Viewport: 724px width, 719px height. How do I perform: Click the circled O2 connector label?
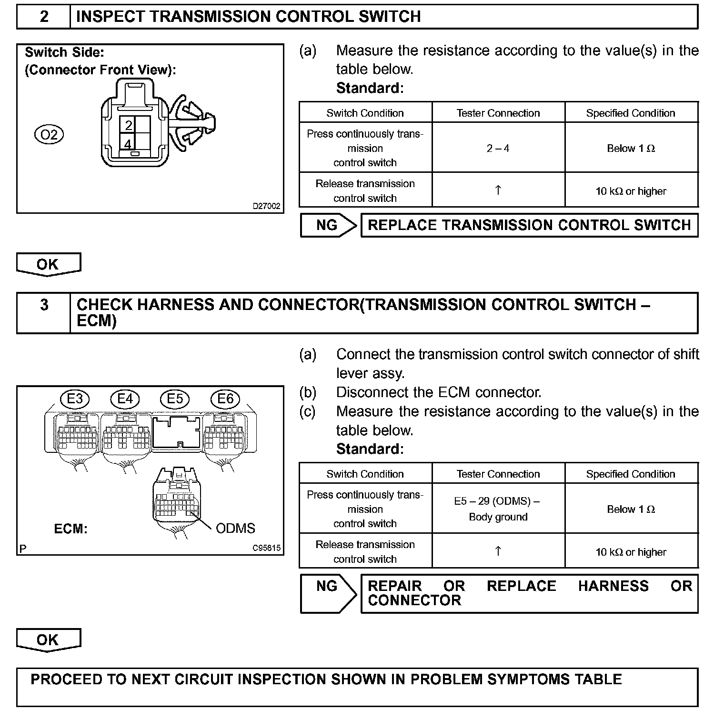(x=49, y=135)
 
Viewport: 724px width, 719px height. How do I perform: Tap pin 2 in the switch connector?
(x=128, y=125)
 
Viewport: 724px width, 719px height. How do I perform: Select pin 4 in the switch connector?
(x=128, y=143)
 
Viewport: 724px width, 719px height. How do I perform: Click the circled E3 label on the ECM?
(x=75, y=399)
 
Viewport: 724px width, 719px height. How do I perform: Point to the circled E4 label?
(x=125, y=399)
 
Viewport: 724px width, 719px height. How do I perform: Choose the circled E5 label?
(x=175, y=399)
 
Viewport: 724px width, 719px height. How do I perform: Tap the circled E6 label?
(x=225, y=399)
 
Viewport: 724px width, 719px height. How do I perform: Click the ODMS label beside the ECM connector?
(x=235, y=528)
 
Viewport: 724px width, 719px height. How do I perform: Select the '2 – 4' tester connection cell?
(x=498, y=149)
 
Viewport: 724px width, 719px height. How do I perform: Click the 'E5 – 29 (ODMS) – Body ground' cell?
(x=498, y=509)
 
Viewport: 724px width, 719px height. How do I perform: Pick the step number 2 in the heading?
(x=44, y=17)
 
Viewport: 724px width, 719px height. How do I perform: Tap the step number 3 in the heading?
(x=44, y=305)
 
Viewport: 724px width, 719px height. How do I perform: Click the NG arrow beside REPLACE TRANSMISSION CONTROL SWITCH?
(x=328, y=225)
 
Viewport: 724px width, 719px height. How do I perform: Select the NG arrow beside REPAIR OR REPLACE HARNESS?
(x=328, y=593)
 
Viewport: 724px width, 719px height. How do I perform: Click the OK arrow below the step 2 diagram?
(x=48, y=264)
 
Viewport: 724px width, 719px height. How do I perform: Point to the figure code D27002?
(x=266, y=206)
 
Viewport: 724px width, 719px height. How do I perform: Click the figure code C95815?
(x=266, y=548)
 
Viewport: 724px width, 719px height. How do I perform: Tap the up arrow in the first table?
(x=498, y=190)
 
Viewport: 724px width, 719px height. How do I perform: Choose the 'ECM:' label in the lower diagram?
(x=70, y=529)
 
